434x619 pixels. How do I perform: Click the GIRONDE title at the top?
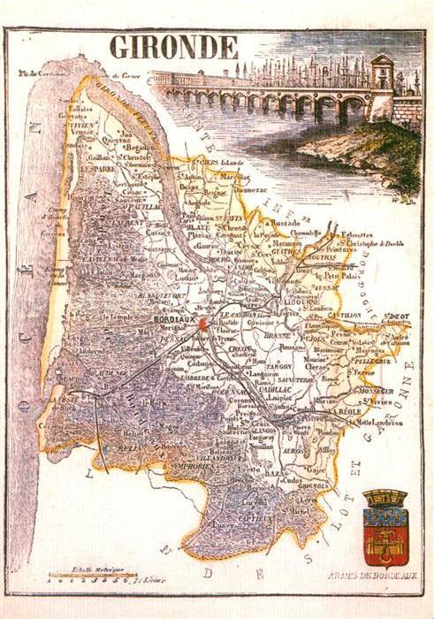click(x=173, y=47)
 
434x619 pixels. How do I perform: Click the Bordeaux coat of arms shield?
click(x=385, y=528)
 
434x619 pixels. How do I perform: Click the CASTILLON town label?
click(x=347, y=314)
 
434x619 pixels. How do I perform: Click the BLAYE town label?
click(x=199, y=225)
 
